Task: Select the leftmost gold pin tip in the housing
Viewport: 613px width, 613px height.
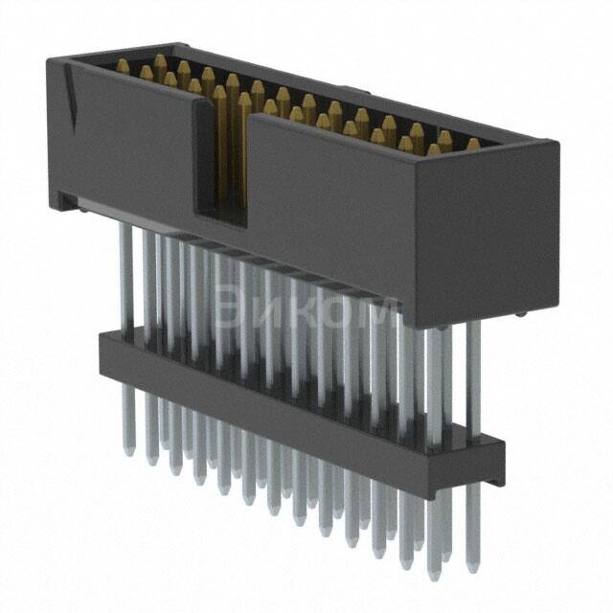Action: coord(123,65)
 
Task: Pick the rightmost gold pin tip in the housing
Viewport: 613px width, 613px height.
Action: coord(473,145)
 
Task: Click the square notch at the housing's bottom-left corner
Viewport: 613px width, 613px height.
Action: coord(63,200)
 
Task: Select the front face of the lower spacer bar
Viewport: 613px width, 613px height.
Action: coord(287,412)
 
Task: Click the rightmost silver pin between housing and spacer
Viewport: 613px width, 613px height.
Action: coord(473,374)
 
